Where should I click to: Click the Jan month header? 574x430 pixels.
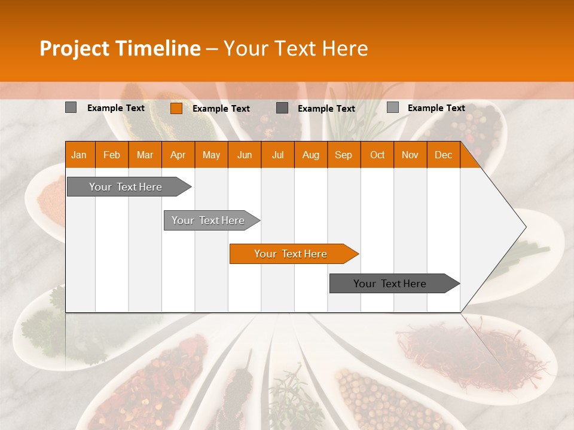pyautogui.click(x=79, y=155)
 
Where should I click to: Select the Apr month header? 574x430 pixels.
pyautogui.click(x=178, y=155)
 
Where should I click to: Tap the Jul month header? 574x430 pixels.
pyautogui.click(x=277, y=155)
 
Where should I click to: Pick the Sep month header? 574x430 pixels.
pyautogui.click(x=343, y=155)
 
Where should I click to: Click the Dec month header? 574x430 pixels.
pyautogui.click(x=443, y=155)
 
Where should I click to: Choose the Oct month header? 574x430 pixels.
pyautogui.click(x=377, y=155)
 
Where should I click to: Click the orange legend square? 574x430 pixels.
pyautogui.click(x=176, y=108)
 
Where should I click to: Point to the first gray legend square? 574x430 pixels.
pyautogui.click(x=71, y=107)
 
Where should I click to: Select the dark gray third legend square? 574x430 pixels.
pyautogui.click(x=282, y=107)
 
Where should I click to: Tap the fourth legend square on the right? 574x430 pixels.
pyautogui.click(x=392, y=107)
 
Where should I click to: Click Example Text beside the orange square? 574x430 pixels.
pyautogui.click(x=221, y=108)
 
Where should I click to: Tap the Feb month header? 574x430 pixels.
pyautogui.click(x=111, y=155)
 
